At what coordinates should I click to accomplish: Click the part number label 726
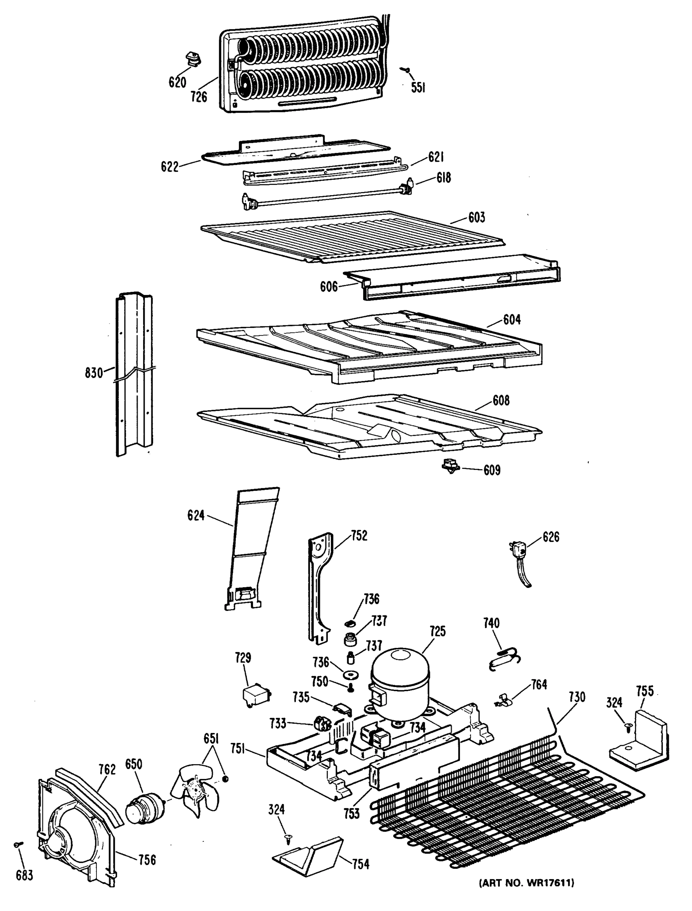click(x=199, y=97)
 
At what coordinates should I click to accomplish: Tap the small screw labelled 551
click(x=406, y=71)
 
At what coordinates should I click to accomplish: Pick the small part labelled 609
click(x=450, y=467)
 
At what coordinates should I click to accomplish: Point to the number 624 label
click(x=196, y=515)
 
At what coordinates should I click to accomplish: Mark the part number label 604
click(x=512, y=319)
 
